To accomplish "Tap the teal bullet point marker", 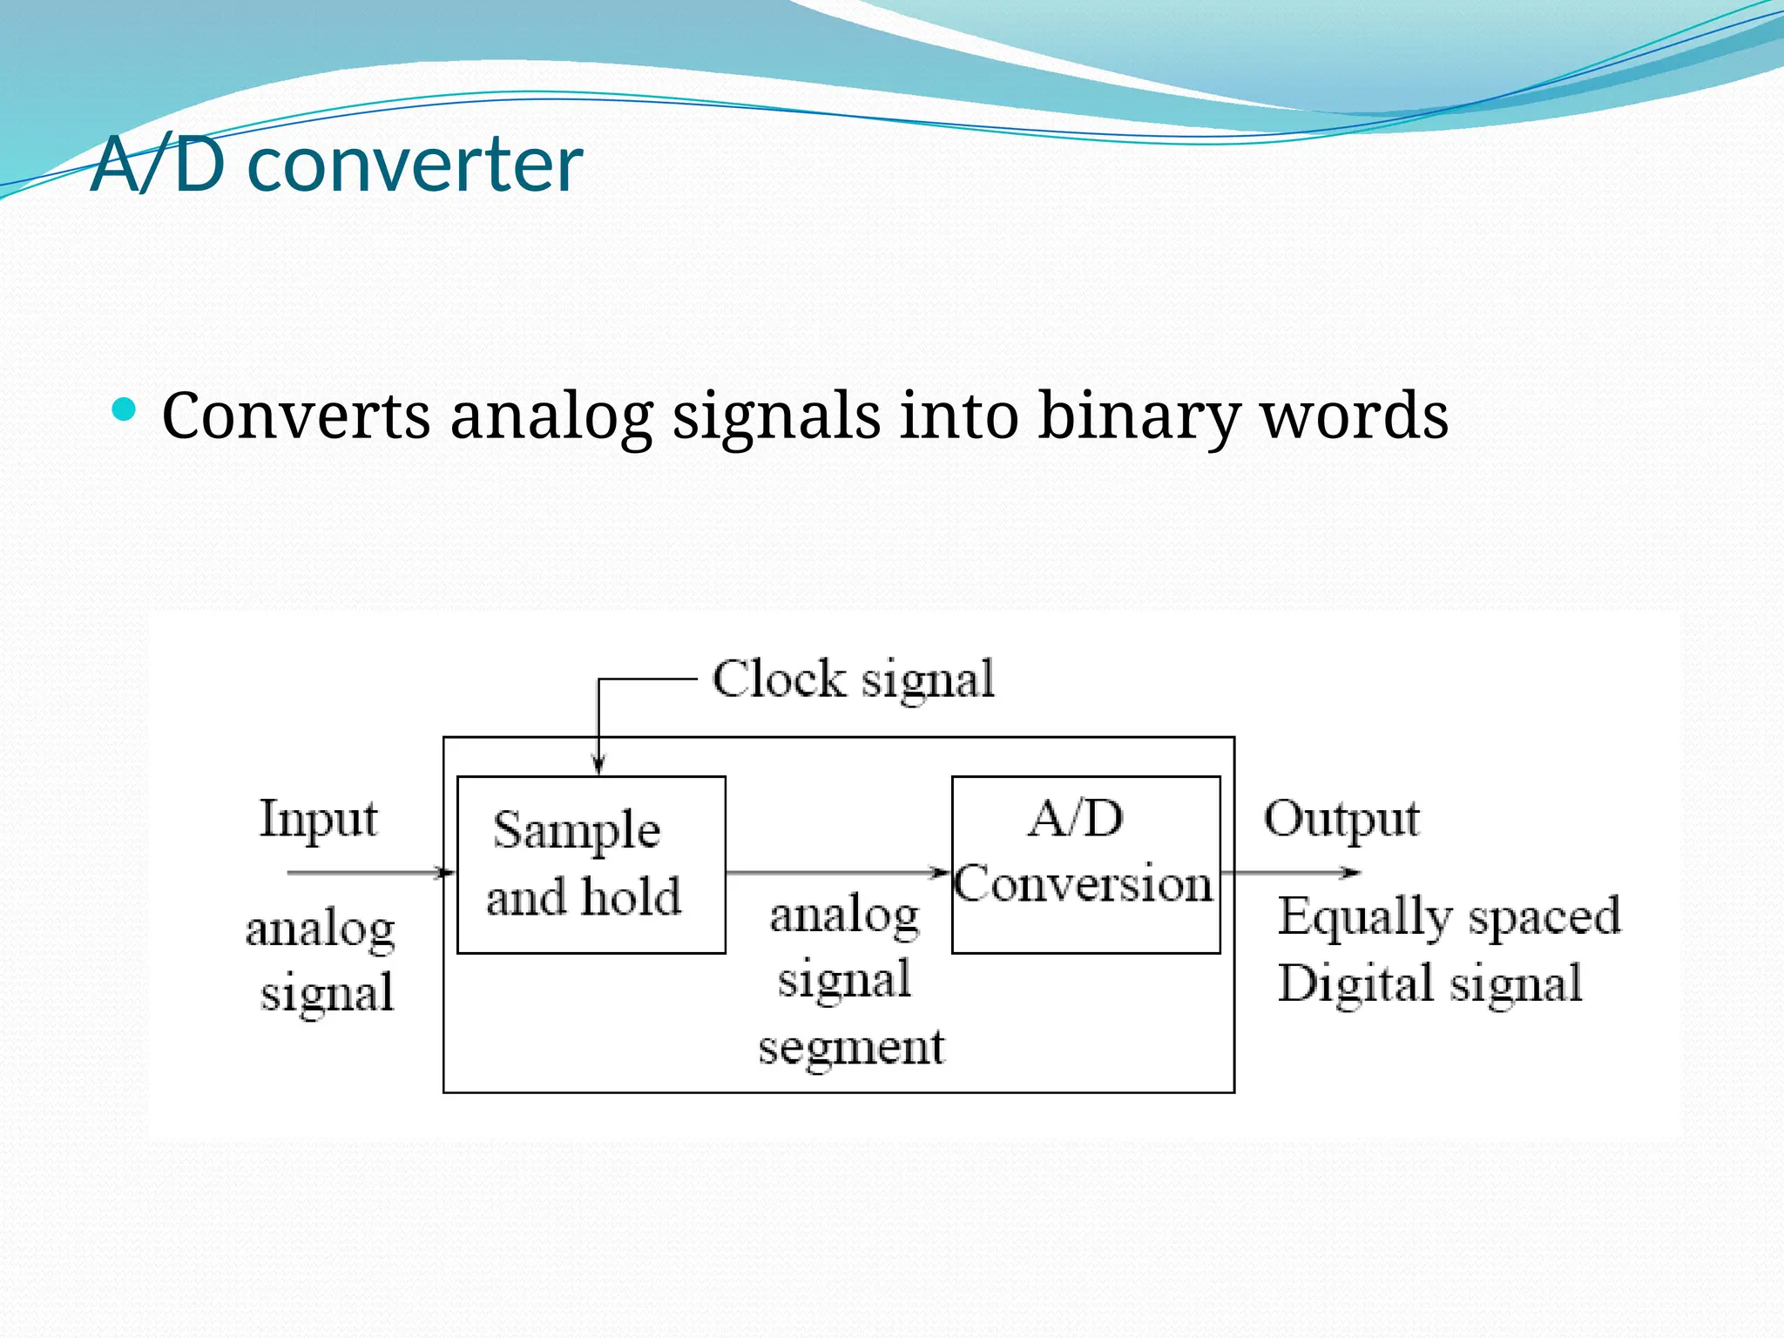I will tap(125, 409).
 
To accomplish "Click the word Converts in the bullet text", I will tap(295, 416).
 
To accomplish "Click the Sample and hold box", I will tap(591, 864).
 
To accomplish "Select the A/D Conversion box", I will tap(1085, 864).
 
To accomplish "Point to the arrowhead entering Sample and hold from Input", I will tap(447, 872).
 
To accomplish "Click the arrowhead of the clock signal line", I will tap(598, 765).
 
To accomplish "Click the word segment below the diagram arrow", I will tap(851, 1048).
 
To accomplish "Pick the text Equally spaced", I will tap(1449, 917).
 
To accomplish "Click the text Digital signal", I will tap(1429, 984).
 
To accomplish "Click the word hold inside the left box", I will tap(632, 896).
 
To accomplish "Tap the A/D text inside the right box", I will tap(1076, 819).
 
